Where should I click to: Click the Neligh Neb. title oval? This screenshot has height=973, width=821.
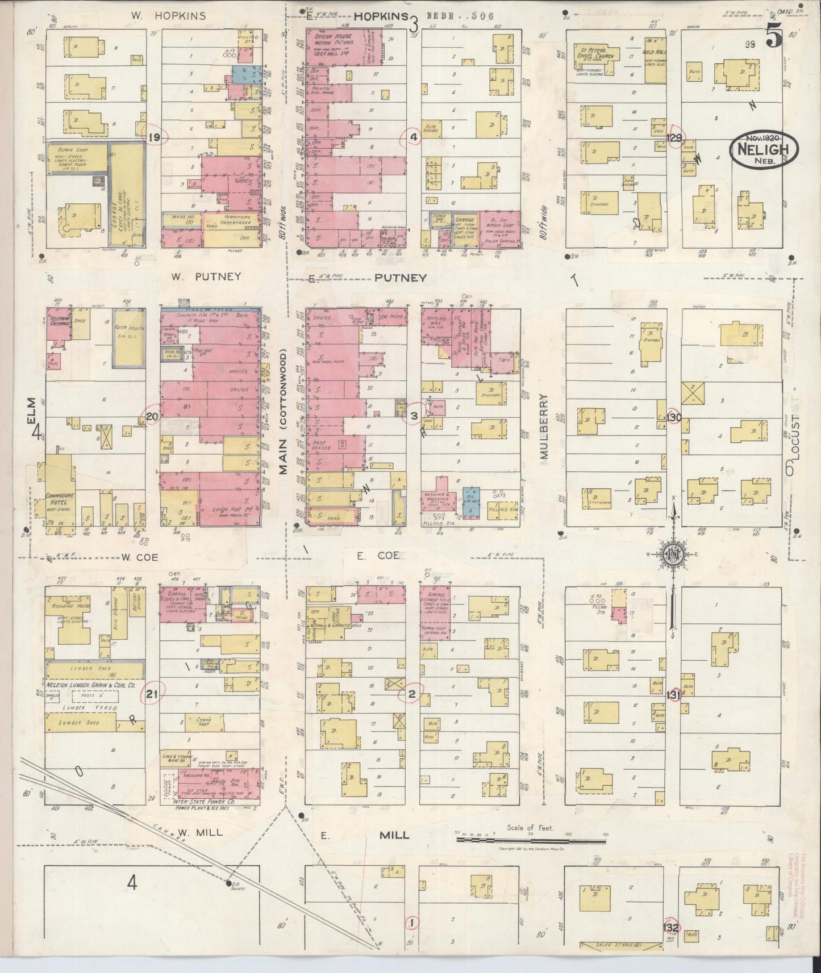tap(764, 150)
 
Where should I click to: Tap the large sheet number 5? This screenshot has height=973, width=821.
tap(773, 36)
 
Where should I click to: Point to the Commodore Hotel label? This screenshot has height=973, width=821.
tap(57, 499)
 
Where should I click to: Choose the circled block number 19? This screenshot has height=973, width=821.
tap(153, 137)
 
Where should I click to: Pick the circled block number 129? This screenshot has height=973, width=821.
tap(675, 138)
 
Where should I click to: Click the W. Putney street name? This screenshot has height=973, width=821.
tap(205, 277)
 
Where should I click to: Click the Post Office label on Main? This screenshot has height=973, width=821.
tap(322, 445)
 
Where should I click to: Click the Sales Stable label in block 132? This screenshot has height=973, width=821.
tap(622, 946)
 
